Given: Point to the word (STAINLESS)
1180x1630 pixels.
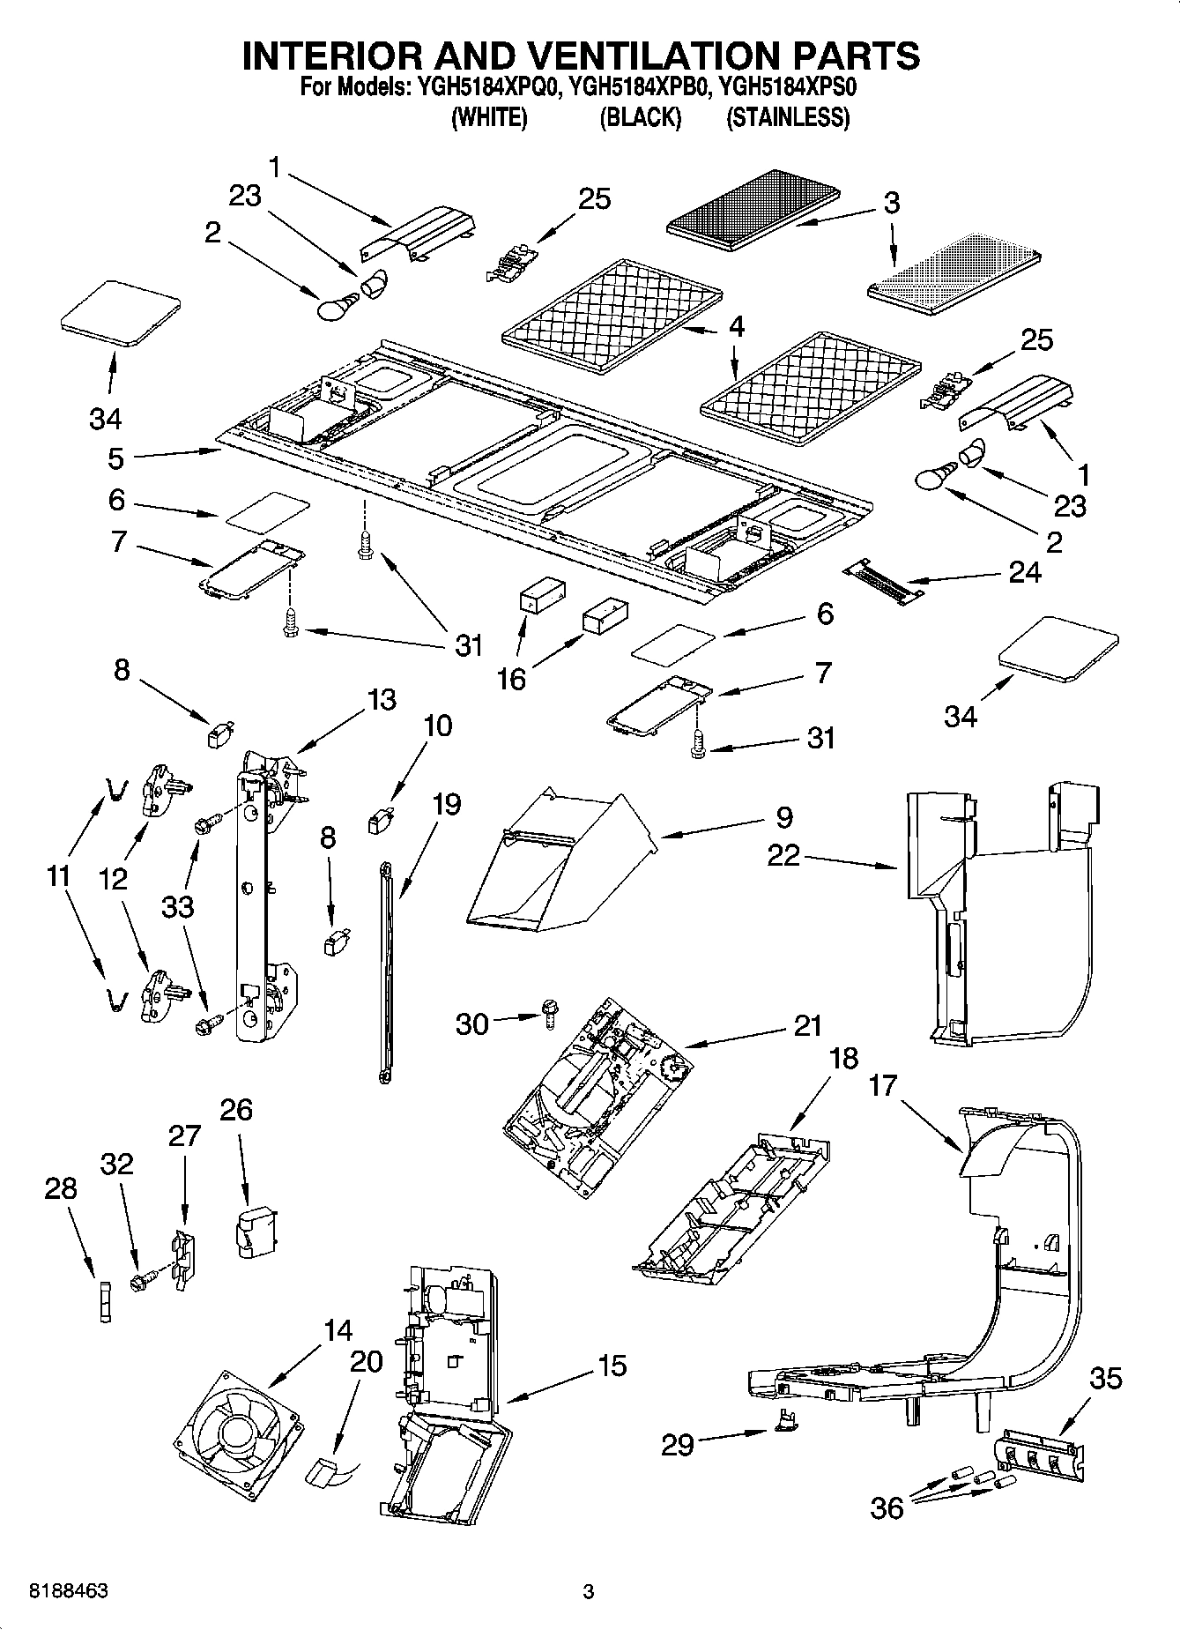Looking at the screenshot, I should point(788,117).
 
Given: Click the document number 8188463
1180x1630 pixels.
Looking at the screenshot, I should point(70,1591).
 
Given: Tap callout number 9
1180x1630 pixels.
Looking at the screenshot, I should point(783,817).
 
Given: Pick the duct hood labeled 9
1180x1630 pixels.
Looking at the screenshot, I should point(555,864).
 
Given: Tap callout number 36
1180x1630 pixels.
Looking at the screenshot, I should point(887,1508).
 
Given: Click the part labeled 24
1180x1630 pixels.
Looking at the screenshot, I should point(886,584).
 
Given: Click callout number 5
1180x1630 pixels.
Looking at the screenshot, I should point(116,458).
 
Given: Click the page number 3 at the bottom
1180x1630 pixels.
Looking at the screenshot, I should point(589,1591).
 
